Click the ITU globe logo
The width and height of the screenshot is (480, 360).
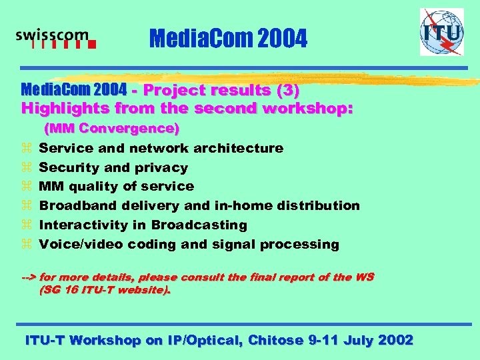tap(441, 31)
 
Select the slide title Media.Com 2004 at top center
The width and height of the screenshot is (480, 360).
tap(229, 40)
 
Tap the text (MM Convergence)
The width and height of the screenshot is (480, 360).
tap(111, 127)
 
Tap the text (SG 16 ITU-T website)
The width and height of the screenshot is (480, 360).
tap(105, 290)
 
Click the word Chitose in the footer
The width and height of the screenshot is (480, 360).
tap(277, 340)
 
